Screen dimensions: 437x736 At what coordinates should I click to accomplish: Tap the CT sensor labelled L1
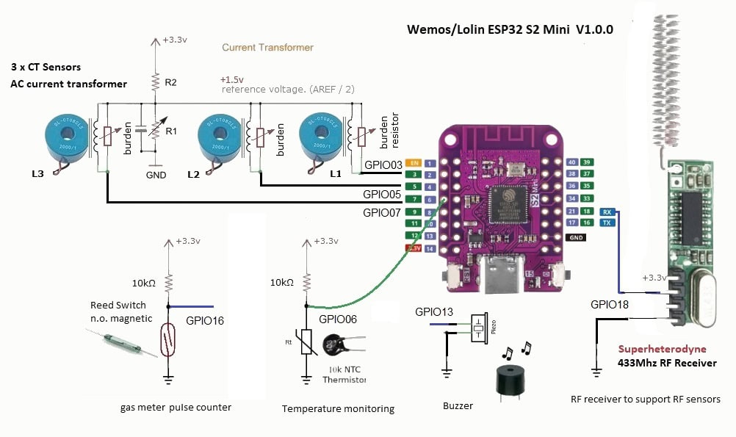(x=320, y=137)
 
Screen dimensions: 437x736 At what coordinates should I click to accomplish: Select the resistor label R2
(x=170, y=82)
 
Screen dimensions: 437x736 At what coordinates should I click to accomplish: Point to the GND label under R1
(x=156, y=176)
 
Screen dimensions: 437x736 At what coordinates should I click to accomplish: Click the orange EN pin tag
(x=414, y=162)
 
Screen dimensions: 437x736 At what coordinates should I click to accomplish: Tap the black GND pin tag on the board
(x=577, y=237)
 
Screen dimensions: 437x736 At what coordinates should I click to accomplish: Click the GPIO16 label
(x=205, y=321)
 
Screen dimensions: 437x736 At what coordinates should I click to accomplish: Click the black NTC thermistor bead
(x=340, y=346)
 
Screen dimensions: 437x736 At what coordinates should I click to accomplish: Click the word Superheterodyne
(x=662, y=350)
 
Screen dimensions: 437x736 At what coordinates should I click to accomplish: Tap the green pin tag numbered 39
(x=587, y=162)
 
